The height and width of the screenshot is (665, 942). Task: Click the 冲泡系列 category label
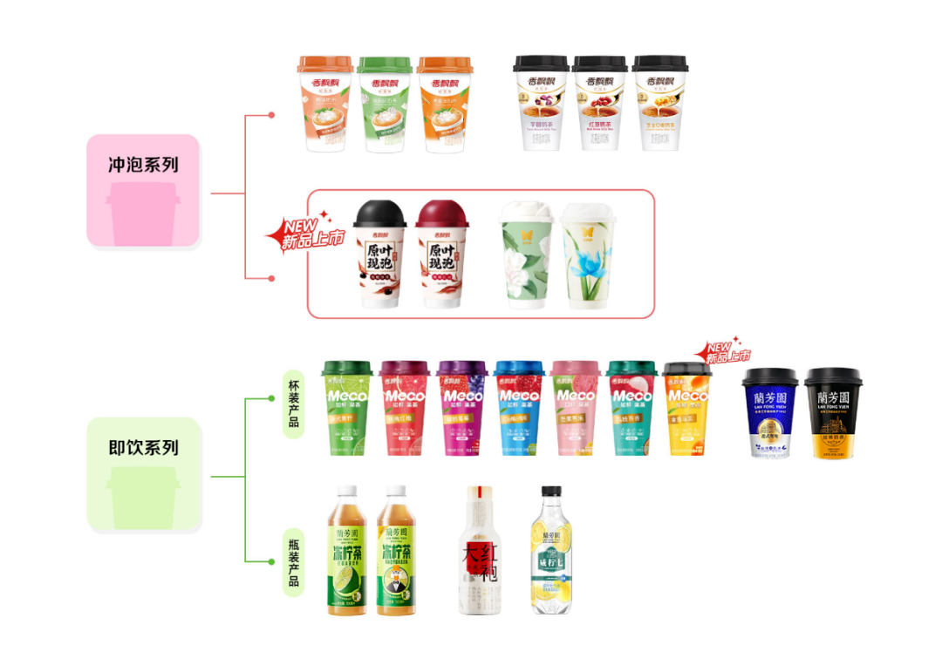(x=144, y=165)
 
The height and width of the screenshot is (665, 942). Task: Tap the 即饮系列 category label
(x=144, y=448)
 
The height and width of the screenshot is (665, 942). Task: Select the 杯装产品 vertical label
(x=293, y=402)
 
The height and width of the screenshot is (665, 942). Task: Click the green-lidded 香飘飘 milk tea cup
(x=385, y=104)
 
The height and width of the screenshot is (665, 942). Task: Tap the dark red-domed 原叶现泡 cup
(x=442, y=254)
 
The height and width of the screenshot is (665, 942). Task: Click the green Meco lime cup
(x=347, y=408)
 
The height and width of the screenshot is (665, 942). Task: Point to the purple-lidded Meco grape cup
(x=461, y=408)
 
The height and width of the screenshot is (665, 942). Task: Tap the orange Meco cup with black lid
(x=687, y=408)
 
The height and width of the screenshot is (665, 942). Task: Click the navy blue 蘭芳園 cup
(x=769, y=412)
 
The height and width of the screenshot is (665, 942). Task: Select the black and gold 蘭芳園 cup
(x=832, y=412)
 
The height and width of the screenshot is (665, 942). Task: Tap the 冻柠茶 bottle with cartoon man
(x=396, y=551)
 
